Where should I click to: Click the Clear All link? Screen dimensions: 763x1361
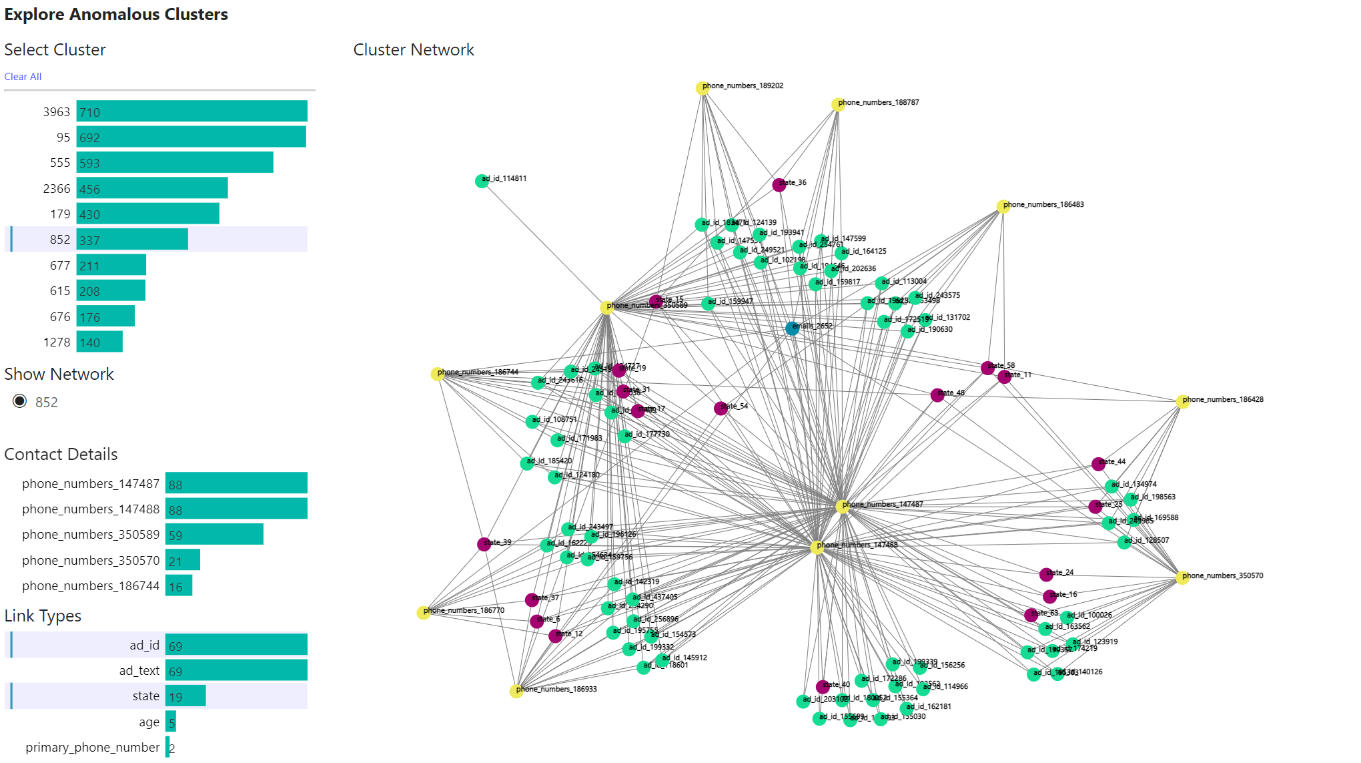coord(23,77)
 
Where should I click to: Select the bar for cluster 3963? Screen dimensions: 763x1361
coord(191,111)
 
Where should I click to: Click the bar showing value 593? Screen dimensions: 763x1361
coord(175,163)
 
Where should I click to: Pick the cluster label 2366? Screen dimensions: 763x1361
coord(57,189)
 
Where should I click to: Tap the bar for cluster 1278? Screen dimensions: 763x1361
coord(99,342)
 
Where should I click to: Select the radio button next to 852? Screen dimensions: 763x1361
coord(20,401)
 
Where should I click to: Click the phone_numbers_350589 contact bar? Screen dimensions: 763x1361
coord(214,535)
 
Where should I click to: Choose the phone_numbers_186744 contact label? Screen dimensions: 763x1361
coord(91,586)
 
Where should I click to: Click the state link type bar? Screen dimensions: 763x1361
coord(185,696)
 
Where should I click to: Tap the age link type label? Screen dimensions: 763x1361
coord(149,722)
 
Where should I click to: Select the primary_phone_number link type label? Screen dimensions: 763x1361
coord(93,748)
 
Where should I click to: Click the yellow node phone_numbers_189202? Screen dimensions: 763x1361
coord(703,88)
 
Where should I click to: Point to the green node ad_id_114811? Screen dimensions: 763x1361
coord(482,181)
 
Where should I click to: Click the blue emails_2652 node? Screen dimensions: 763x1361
coord(792,328)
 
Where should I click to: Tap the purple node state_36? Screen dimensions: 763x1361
coord(779,185)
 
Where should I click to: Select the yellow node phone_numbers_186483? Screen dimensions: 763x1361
coord(1003,206)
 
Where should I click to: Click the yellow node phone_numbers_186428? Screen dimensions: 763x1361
coord(1182,402)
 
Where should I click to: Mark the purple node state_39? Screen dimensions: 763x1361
coord(484,544)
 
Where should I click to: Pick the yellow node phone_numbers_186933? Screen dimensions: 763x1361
coord(516,691)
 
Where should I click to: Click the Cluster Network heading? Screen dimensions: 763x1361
coord(414,50)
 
